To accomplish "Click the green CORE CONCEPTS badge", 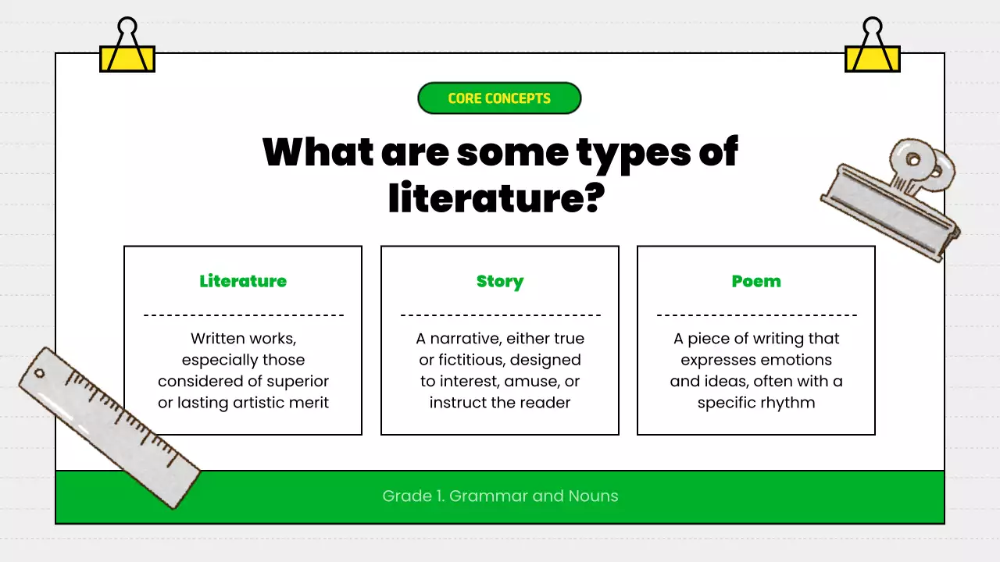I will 499,98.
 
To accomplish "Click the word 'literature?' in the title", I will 497,197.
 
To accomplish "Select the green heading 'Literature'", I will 243,281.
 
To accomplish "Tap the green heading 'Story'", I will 500,281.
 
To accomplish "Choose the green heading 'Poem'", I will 756,281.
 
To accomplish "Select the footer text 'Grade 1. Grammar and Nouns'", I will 500,496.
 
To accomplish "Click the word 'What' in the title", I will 318,152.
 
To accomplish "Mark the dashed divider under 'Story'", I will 500,315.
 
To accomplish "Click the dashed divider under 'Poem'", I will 756,315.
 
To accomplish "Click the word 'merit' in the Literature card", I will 307,403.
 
